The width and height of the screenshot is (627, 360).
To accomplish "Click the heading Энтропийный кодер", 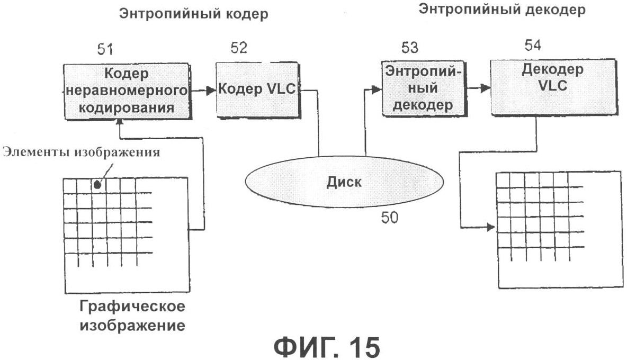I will (193, 14).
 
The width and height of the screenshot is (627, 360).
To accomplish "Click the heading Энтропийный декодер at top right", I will (502, 10).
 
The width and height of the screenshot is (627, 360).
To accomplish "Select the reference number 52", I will (239, 48).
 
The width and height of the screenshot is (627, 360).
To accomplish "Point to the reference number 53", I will (409, 48).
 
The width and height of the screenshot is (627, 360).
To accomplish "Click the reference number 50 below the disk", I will (391, 218).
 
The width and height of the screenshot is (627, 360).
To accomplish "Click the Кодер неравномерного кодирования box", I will (128, 91).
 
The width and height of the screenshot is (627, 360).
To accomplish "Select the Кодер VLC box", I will (257, 89).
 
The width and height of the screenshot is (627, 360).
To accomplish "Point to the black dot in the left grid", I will (97, 185).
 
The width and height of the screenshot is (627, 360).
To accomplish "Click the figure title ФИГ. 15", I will (327, 347).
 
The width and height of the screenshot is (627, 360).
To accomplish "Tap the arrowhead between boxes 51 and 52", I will (211, 91).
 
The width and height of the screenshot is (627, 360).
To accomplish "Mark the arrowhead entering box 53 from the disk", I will (377, 91).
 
